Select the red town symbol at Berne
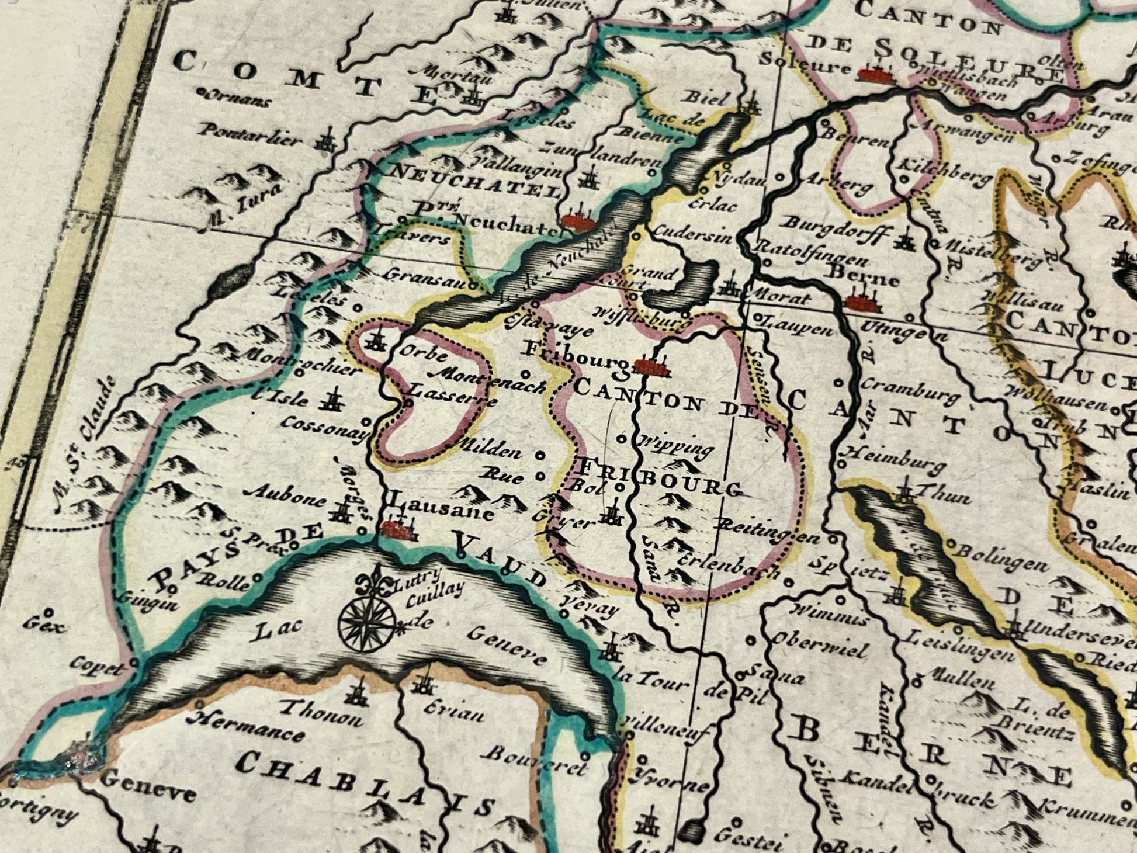pyautogui.click(x=864, y=302)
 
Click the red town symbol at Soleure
pyautogui.click(x=875, y=75)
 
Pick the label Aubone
pyautogui.click(x=286, y=497)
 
